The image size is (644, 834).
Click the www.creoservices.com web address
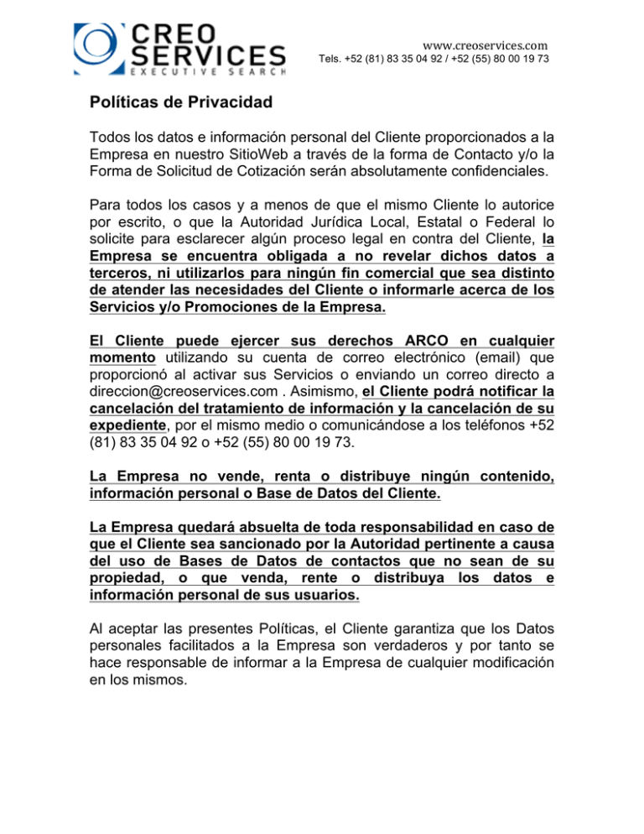point(486,39)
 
